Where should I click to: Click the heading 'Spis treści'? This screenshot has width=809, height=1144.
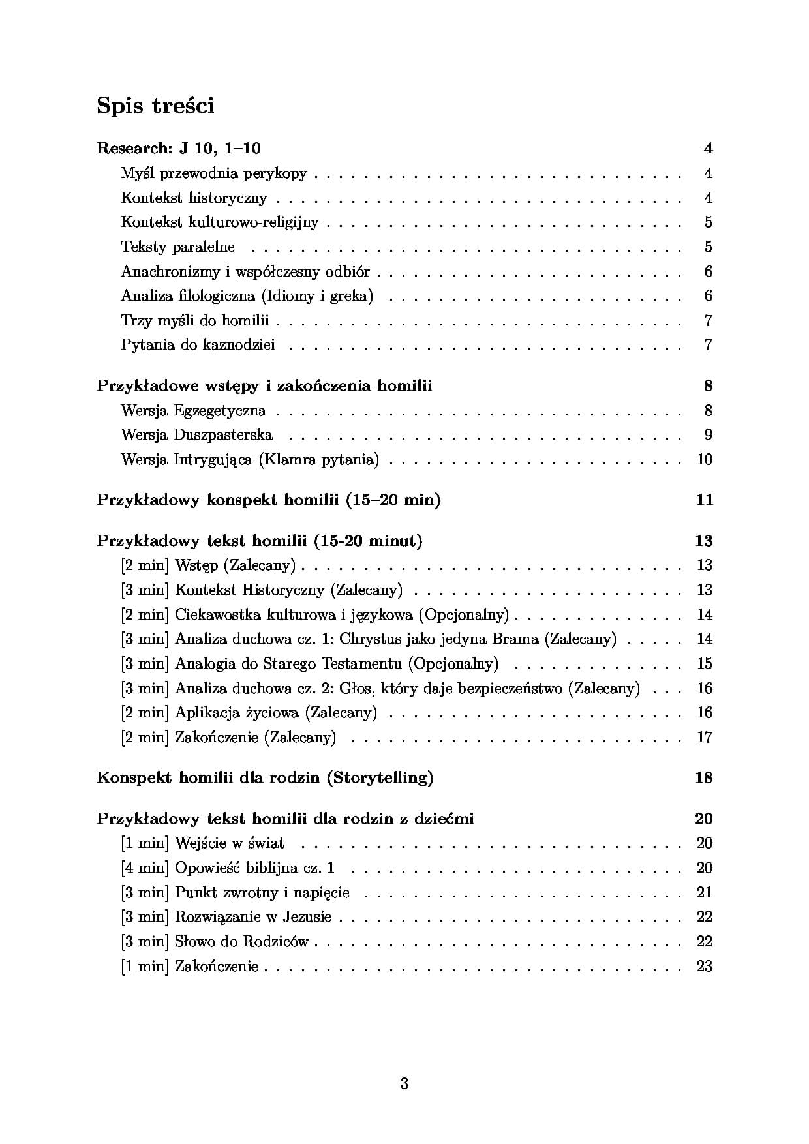pyautogui.click(x=155, y=105)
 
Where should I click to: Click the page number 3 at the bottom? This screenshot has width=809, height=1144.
pyautogui.click(x=404, y=1084)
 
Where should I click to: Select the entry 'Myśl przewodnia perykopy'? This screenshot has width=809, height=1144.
pyautogui.click(x=213, y=173)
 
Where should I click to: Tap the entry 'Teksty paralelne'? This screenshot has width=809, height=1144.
pyautogui.click(x=177, y=247)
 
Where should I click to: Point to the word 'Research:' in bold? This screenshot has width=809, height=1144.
pyautogui.click(x=133, y=149)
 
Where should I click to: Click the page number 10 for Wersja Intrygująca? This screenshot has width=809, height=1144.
pyautogui.click(x=705, y=460)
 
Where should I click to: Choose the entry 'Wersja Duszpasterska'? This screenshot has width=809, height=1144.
pyautogui.click(x=196, y=435)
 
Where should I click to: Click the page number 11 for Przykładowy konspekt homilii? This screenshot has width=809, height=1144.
pyautogui.click(x=705, y=500)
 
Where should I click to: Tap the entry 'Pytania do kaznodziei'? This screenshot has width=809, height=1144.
pyautogui.click(x=198, y=345)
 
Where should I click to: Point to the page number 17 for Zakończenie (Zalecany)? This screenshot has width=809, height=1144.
pyautogui.click(x=705, y=738)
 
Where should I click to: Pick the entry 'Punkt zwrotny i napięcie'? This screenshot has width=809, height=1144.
pyautogui.click(x=262, y=892)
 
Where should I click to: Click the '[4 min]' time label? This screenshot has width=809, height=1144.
pyautogui.click(x=145, y=868)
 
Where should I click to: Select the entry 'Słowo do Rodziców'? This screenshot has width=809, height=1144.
pyautogui.click(x=241, y=942)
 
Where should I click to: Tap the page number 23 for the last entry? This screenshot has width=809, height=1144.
pyautogui.click(x=705, y=967)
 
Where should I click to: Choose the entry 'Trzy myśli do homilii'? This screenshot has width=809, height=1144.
pyautogui.click(x=194, y=321)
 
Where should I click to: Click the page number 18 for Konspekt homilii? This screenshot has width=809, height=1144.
pyautogui.click(x=705, y=778)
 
